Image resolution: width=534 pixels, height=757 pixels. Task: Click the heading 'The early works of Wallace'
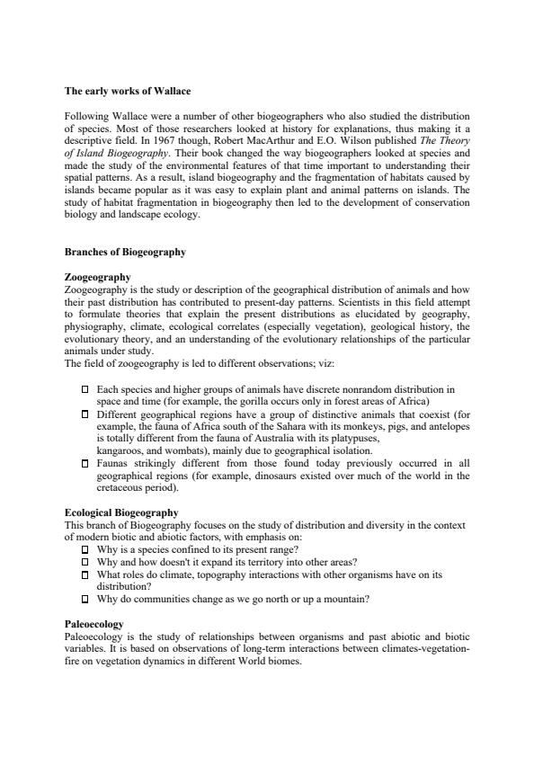coord(128,91)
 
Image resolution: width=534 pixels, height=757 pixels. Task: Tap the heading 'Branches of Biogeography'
coord(125,252)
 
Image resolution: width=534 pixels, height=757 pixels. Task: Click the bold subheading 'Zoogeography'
coord(98,277)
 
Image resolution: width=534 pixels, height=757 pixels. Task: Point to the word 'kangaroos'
coord(122,450)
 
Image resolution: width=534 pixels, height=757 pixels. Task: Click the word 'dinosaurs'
coord(307,476)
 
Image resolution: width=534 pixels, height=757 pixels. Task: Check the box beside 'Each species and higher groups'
coord(85,388)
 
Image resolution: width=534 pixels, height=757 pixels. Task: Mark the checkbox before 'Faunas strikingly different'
coord(85,463)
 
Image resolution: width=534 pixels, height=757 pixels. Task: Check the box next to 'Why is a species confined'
coord(85,549)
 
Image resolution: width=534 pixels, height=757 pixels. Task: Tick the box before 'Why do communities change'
coord(85,599)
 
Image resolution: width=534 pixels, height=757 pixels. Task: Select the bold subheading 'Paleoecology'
coord(94,623)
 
